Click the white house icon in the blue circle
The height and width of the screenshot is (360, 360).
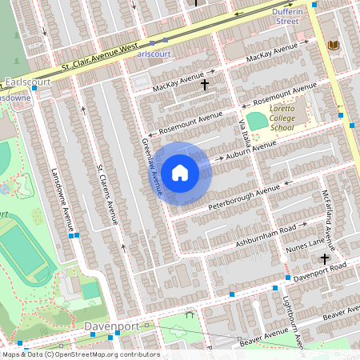[x=180, y=173]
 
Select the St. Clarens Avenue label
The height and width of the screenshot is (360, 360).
[x=107, y=194]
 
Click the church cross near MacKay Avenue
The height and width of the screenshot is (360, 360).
[x=205, y=83]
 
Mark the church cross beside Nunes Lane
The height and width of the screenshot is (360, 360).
[x=324, y=258]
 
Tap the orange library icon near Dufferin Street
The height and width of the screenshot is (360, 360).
[x=333, y=46]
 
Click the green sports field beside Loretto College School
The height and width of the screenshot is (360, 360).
[x=257, y=121]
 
